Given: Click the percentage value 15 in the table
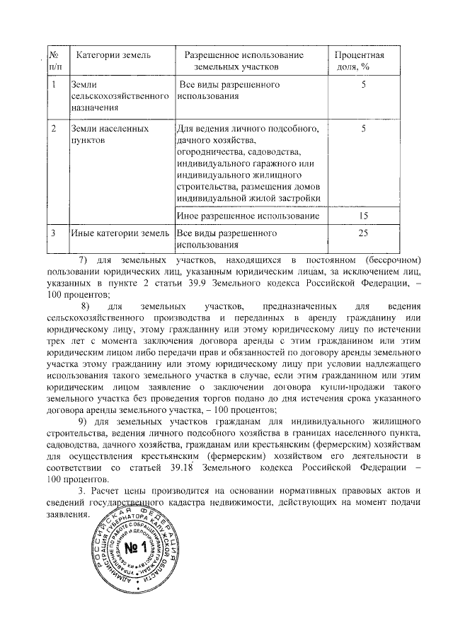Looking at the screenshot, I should pyautogui.click(x=363, y=216).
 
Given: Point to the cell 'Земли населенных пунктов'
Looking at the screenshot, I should pyautogui.click(x=109, y=135).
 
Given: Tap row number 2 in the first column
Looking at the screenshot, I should pyautogui.click(x=55, y=129).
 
